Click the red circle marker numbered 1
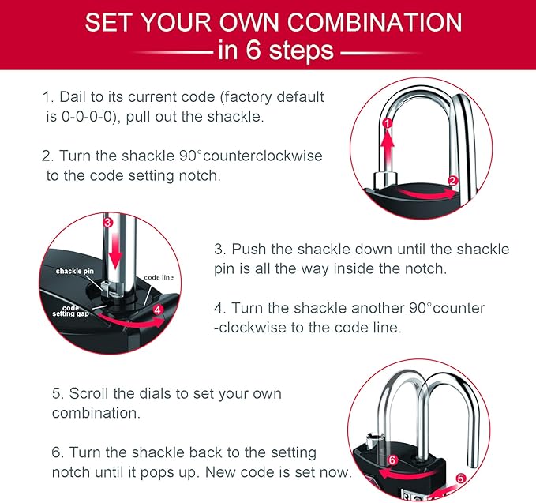[x=386, y=123]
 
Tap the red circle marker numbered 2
[x=452, y=180]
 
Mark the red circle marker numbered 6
[x=392, y=460]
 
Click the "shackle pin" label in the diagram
[x=75, y=271]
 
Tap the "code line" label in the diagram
[x=159, y=278]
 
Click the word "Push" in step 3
[x=249, y=250]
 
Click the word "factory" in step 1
[x=250, y=97]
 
